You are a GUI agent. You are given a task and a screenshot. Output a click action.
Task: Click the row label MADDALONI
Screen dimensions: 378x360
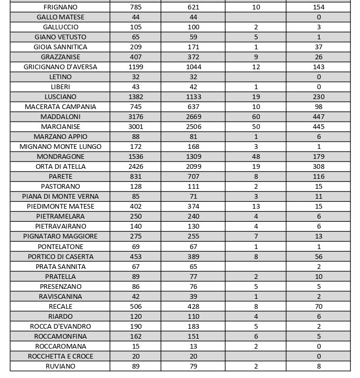click(x=60, y=116)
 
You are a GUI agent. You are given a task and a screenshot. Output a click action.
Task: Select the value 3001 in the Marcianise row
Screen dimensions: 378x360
click(x=136, y=126)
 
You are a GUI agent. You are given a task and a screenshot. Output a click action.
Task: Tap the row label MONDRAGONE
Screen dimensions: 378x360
click(x=60, y=156)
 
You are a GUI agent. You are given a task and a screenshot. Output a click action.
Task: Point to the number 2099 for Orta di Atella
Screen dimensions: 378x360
click(x=193, y=166)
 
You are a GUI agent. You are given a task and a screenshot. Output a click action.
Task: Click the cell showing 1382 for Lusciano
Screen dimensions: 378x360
click(x=136, y=96)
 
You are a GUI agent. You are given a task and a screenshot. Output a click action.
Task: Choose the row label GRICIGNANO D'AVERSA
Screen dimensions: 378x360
click(x=60, y=67)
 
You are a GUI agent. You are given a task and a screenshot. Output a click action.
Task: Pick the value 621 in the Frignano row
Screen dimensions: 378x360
click(x=193, y=7)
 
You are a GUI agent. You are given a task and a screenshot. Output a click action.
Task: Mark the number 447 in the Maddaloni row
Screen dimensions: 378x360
click(x=318, y=116)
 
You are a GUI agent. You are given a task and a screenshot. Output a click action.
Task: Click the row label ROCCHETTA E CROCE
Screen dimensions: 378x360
click(x=60, y=356)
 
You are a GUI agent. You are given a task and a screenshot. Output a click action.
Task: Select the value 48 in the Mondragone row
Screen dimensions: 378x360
click(x=256, y=156)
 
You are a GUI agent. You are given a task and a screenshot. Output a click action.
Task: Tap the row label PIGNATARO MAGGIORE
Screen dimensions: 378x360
click(x=60, y=236)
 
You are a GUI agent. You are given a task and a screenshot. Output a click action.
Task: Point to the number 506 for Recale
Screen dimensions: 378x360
click(x=136, y=306)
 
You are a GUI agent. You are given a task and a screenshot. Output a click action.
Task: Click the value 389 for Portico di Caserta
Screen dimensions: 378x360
click(x=193, y=256)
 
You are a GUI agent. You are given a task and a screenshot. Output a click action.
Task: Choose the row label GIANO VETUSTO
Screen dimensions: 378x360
click(x=60, y=37)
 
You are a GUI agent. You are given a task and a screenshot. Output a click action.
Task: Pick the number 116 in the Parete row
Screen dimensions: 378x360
click(x=318, y=177)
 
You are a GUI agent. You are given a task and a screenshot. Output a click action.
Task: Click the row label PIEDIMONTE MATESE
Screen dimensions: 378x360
click(x=60, y=206)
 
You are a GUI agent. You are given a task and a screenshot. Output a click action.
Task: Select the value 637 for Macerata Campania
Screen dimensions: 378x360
click(x=193, y=106)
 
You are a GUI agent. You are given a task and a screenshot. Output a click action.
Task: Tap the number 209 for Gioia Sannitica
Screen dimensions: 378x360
click(x=136, y=47)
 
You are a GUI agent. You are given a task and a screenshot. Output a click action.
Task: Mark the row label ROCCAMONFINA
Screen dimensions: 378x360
click(x=60, y=336)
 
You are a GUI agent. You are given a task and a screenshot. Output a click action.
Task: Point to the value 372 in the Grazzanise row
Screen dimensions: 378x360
click(x=193, y=57)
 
